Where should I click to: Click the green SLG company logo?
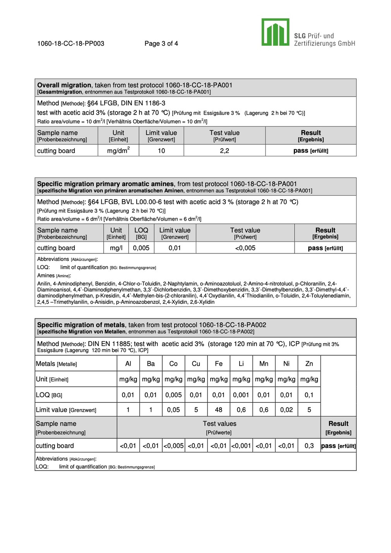click(x=275, y=32)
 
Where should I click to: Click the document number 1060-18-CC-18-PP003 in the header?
click(x=70, y=43)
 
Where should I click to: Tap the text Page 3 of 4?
click(x=161, y=43)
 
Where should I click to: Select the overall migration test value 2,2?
click(x=225, y=151)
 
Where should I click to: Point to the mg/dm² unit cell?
click(x=118, y=151)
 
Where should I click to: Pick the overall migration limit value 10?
click(x=161, y=151)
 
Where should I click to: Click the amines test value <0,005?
click(x=245, y=248)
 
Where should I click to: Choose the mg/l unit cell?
click(x=116, y=248)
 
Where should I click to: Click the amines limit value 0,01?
click(x=175, y=248)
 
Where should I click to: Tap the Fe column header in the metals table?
click(x=219, y=364)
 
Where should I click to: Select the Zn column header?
click(x=309, y=364)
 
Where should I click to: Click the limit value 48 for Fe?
click(x=219, y=410)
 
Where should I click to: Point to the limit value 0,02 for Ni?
click(x=286, y=410)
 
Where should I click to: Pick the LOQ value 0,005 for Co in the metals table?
click(x=173, y=395)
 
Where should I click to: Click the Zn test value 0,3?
click(x=309, y=446)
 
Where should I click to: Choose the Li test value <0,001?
click(x=241, y=446)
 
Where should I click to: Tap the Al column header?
click(x=128, y=364)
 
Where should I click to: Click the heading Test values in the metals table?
click(x=220, y=424)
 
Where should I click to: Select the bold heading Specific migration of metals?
click(x=81, y=325)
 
